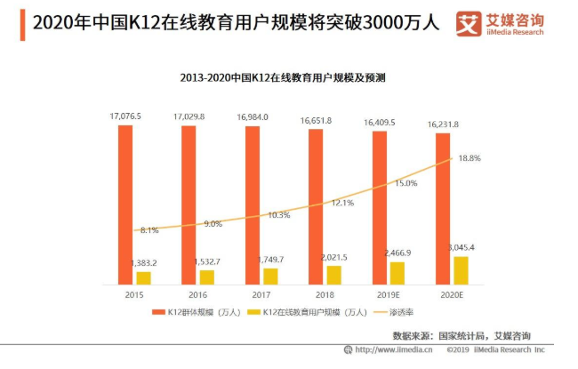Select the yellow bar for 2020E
click(460, 270)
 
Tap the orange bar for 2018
click(316, 206)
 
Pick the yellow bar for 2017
click(269, 277)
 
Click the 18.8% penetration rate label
click(469, 158)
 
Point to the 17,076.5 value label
click(125, 116)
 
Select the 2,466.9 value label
click(397, 253)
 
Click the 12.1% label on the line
click(343, 203)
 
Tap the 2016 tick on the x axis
click(197, 294)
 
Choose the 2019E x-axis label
click(388, 294)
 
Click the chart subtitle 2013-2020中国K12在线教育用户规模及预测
click(291, 77)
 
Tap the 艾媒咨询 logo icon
click(467, 23)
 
